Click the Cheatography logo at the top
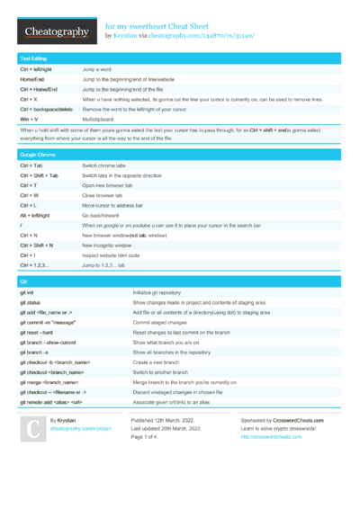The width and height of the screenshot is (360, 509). tap(56, 32)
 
